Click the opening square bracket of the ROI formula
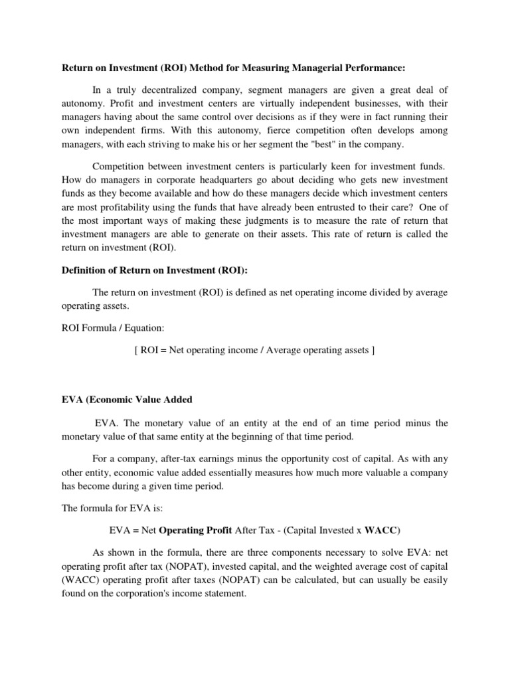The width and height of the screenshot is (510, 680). (136, 350)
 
